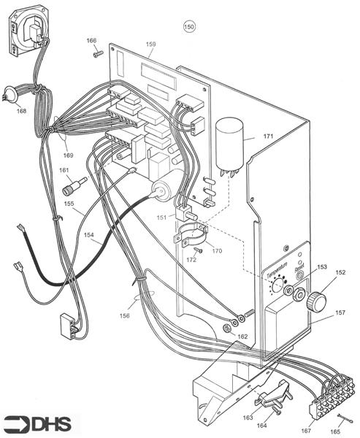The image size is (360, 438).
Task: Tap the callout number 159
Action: (x=150, y=45)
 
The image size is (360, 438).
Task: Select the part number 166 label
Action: (x=91, y=40)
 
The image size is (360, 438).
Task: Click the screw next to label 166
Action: (x=96, y=53)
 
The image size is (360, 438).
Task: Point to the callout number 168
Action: (x=20, y=110)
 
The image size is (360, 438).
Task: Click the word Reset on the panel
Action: (x=299, y=271)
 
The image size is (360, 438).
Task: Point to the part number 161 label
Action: (x=64, y=170)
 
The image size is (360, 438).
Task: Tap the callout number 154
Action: (x=88, y=236)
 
